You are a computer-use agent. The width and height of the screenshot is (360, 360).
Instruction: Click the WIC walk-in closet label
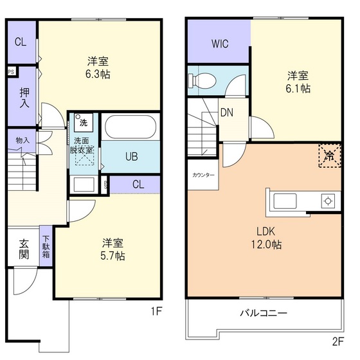coord(218,44)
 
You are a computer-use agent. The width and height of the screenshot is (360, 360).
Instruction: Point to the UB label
coord(131,157)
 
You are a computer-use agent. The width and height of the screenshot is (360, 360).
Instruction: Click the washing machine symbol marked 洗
coord(83,122)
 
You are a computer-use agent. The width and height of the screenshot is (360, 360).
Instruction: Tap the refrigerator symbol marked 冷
coord(329,155)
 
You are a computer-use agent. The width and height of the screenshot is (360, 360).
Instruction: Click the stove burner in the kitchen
coord(328,201)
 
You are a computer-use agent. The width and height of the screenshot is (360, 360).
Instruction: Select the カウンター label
coord(203,175)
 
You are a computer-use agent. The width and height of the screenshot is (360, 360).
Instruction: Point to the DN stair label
coord(226,113)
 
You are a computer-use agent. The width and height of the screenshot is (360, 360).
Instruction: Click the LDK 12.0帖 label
coord(267,238)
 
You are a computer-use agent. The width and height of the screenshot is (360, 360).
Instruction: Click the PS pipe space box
coord(12,72)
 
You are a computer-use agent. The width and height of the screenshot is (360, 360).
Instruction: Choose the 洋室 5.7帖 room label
coord(113,249)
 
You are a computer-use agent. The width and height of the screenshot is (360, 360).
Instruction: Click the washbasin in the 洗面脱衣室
coord(84,184)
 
